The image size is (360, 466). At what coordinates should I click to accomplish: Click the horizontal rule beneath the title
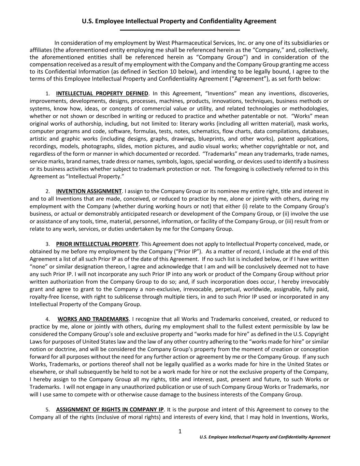[x=180, y=30]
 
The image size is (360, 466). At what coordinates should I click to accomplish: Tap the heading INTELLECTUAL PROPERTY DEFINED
[x=102, y=94]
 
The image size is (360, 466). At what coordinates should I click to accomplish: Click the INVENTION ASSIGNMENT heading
[x=89, y=191]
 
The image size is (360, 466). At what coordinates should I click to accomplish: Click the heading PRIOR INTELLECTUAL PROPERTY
[x=97, y=244]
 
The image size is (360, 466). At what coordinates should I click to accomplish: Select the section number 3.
[x=47, y=244]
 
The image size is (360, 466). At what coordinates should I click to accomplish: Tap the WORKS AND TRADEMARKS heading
[x=93, y=319]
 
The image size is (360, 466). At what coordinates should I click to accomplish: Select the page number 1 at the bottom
[x=180, y=432]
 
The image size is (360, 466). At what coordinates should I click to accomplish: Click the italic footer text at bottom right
[x=265, y=437]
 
